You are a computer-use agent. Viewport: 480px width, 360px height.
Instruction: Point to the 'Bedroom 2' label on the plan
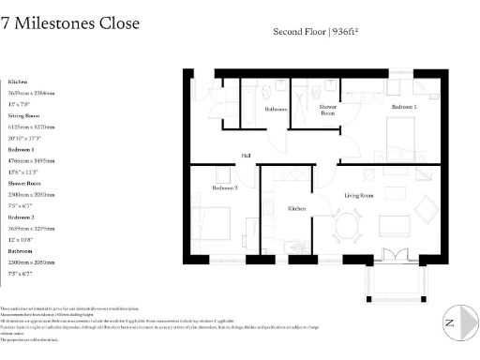click(x=225, y=188)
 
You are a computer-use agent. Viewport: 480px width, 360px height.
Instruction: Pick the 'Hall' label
click(x=247, y=156)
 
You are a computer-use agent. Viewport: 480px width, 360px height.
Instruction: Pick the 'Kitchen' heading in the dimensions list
click(x=18, y=82)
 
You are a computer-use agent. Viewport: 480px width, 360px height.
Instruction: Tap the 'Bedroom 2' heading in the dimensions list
click(x=21, y=217)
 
